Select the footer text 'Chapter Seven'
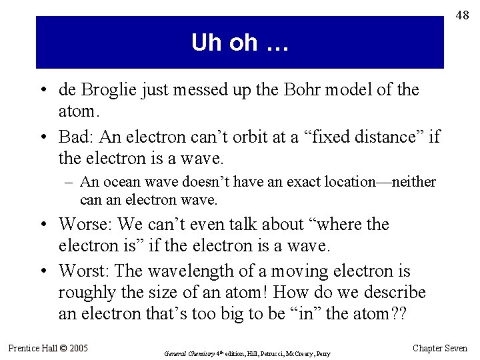coord(441,348)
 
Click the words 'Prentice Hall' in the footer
coord(33,348)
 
